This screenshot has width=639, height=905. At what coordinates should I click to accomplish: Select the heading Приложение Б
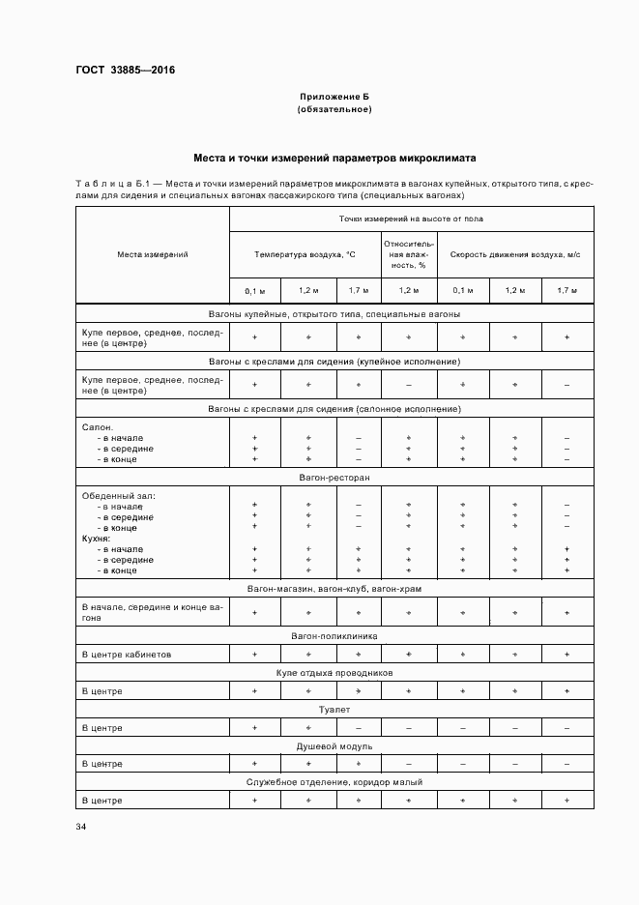[x=334, y=97]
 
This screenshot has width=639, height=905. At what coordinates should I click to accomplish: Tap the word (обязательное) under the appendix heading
[x=334, y=109]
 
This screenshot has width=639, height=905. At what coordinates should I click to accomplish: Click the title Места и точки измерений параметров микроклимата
[x=334, y=158]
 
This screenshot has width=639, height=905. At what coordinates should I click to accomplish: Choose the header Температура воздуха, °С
[x=305, y=254]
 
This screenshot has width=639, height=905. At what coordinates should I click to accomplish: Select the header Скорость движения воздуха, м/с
[x=515, y=254]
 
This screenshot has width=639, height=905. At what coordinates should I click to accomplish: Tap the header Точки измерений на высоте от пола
[x=411, y=219]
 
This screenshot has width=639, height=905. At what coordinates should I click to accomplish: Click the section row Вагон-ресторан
[x=334, y=479]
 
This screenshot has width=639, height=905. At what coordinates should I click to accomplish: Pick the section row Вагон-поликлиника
[x=334, y=637]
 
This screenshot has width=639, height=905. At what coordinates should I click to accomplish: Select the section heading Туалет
[x=334, y=710]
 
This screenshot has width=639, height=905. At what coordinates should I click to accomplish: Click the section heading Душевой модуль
[x=334, y=746]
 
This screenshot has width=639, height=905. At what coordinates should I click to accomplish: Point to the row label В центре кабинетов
[x=127, y=655]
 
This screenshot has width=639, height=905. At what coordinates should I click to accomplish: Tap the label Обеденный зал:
[x=118, y=496]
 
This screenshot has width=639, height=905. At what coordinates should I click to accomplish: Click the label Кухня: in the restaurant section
[x=97, y=539]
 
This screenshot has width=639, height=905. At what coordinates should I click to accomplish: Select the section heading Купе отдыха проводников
[x=334, y=673]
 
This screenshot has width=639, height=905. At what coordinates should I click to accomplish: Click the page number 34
[x=80, y=827]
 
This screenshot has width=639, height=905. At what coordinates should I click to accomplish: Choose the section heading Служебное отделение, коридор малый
[x=334, y=782]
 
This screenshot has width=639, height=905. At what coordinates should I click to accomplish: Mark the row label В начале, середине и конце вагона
[x=152, y=611]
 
